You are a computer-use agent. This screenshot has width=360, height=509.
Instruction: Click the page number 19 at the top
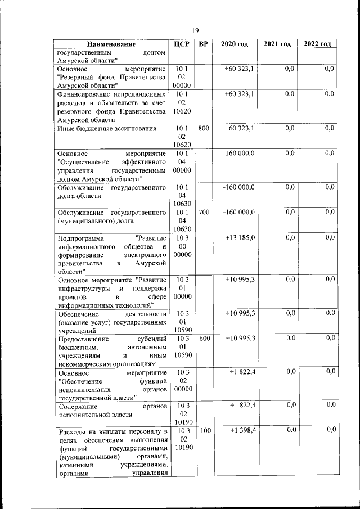pyautogui.click(x=195, y=31)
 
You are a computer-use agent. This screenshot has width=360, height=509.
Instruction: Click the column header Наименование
pyautogui.click(x=112, y=44)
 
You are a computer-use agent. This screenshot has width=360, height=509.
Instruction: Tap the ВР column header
pyautogui.click(x=204, y=44)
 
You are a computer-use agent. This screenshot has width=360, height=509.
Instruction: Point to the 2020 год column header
pyautogui.click(x=235, y=44)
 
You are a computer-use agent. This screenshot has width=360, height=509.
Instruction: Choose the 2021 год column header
pyautogui.click(x=277, y=44)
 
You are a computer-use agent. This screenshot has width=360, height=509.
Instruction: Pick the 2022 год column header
pyautogui.click(x=317, y=44)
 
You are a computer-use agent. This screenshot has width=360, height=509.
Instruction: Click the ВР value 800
pyautogui.click(x=204, y=128)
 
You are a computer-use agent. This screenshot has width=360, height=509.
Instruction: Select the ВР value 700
pyautogui.click(x=204, y=212)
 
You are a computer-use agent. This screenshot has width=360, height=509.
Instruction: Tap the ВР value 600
pyautogui.click(x=204, y=338)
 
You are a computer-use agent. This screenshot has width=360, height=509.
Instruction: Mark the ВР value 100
pyautogui.click(x=204, y=430)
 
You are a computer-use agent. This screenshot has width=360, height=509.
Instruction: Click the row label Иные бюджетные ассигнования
pyautogui.click(x=107, y=129)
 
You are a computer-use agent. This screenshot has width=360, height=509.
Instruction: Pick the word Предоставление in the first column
pyautogui.click(x=84, y=338)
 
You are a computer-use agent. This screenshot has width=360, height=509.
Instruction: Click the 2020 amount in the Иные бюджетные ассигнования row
pyautogui.click(x=240, y=128)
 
